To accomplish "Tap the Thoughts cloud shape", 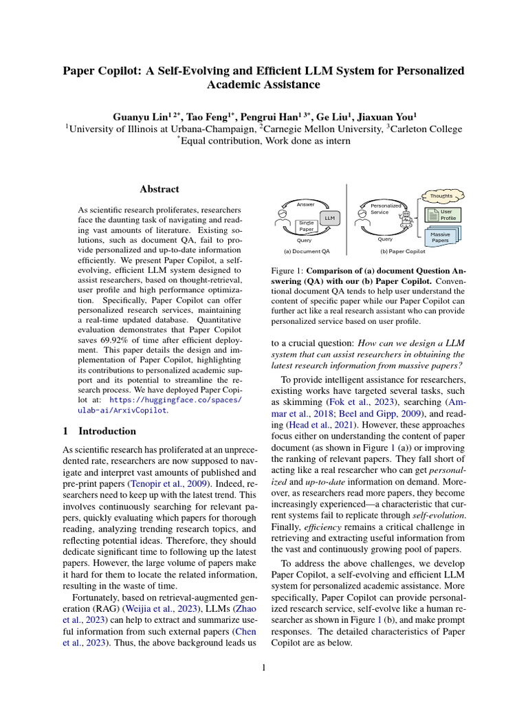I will pos(441,196).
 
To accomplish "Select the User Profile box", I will pos(445,214).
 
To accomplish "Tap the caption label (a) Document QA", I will pos(302,252).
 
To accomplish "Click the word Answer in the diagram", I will pos(305,205).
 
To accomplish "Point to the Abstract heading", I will pos(159,189).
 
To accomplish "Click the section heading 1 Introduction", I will pos(99,431).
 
